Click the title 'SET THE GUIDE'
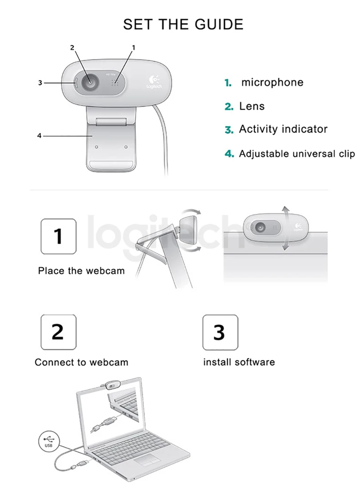[x=183, y=24]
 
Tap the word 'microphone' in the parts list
[x=272, y=82]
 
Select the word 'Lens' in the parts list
[x=252, y=106]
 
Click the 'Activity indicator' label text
[x=283, y=129]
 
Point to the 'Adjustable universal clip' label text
[x=297, y=154]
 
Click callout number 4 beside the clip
[x=39, y=136]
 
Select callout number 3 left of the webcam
[x=40, y=83]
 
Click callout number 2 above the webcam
[x=72, y=47]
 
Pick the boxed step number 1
[x=58, y=236]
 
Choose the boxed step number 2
[x=58, y=332]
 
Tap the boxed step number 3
[x=220, y=332]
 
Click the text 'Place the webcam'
[x=81, y=271]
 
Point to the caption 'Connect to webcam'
[x=82, y=363]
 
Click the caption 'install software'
[x=239, y=363]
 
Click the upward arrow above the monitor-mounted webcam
[x=286, y=211]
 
